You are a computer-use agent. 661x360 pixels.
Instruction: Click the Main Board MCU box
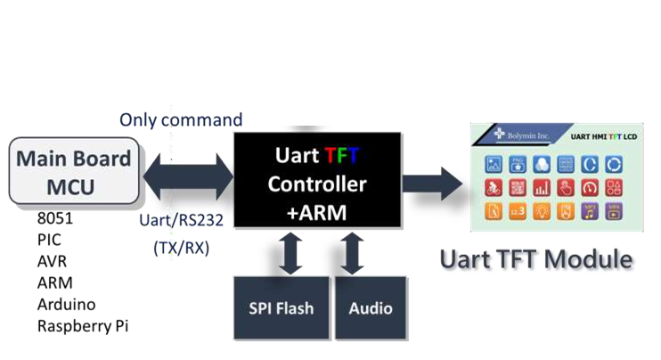point(75,171)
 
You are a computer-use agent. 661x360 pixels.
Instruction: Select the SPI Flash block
point(281,308)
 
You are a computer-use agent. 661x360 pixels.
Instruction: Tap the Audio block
point(370,308)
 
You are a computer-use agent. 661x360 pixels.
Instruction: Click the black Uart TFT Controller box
point(317,184)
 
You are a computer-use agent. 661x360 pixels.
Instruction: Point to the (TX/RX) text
point(181,249)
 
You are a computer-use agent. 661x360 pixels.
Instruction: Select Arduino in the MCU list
point(66,305)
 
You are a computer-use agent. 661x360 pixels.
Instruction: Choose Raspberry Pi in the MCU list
point(83,325)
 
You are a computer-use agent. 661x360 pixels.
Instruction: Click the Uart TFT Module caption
point(536,260)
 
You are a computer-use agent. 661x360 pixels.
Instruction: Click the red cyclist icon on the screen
point(493,189)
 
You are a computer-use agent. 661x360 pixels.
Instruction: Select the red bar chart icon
point(541,189)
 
